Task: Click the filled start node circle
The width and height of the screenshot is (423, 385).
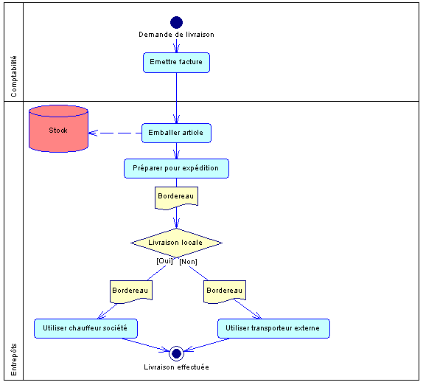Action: tap(176, 22)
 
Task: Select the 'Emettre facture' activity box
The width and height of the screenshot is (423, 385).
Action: tap(176, 63)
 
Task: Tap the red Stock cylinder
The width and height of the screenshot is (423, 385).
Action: tap(58, 129)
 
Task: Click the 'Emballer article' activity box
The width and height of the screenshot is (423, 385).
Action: tap(176, 133)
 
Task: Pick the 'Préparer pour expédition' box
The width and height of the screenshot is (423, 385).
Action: tap(176, 168)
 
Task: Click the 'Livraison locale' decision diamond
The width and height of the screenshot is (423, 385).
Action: tap(176, 243)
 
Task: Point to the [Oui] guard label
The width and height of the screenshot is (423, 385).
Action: tap(164, 261)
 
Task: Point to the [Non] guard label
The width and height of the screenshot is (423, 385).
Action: tap(189, 262)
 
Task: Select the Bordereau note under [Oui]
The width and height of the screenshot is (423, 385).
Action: tap(131, 291)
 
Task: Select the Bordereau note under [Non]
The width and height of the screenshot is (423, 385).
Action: tap(225, 291)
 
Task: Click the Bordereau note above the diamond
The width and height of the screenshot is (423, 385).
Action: tap(176, 198)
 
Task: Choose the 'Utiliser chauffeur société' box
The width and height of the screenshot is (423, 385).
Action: tap(85, 328)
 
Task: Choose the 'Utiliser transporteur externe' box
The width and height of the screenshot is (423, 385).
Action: tap(273, 328)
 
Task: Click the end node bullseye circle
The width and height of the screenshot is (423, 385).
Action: tap(176, 353)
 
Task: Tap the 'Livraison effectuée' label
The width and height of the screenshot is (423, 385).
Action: tap(176, 367)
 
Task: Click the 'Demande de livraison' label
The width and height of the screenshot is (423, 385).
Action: tap(176, 35)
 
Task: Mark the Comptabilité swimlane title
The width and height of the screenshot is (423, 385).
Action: tap(13, 77)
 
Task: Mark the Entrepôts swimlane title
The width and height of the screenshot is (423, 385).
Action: tap(13, 360)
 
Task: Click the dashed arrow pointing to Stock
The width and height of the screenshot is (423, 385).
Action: tap(115, 133)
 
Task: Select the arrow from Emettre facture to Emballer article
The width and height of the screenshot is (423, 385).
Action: tap(176, 98)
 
